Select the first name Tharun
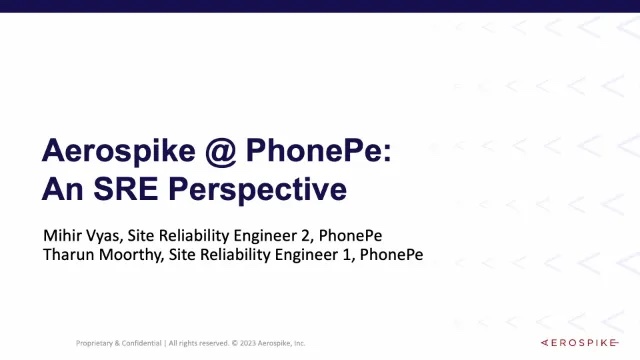68,255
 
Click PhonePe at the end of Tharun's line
391,255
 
